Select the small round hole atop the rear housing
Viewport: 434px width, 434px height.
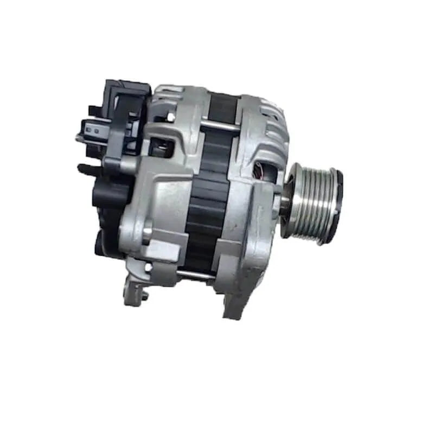pyautogui.click(x=170, y=116)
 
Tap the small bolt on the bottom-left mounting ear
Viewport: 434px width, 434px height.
pyautogui.click(x=144, y=296)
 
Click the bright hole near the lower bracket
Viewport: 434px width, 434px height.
pyautogui.click(x=148, y=267)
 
